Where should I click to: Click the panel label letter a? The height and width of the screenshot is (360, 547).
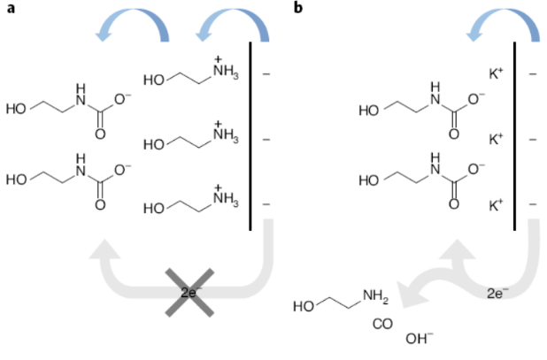11,8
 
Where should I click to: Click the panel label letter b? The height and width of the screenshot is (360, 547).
298,7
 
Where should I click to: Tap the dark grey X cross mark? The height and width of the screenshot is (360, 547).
189,293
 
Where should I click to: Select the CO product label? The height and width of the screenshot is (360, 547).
382,324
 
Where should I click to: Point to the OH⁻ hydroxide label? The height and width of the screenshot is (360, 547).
419,339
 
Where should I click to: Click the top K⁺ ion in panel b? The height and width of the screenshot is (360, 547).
496,73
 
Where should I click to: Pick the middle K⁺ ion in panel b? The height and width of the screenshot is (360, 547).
496,139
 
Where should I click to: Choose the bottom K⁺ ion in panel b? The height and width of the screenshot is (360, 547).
496,205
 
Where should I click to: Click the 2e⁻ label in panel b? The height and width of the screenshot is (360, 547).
497,294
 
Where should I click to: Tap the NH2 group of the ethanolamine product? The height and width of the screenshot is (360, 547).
375,296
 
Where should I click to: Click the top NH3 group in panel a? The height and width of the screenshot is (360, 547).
226,69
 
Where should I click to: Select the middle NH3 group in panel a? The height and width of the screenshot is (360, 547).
226,133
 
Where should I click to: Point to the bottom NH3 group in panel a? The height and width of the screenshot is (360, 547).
226,197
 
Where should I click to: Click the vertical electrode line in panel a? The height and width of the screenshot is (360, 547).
250,136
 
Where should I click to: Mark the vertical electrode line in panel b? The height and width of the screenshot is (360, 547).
514,136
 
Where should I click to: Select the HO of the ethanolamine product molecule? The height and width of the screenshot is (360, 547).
304,307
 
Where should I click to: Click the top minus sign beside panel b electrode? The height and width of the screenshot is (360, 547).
532,74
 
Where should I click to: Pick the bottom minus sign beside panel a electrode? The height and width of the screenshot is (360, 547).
266,204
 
